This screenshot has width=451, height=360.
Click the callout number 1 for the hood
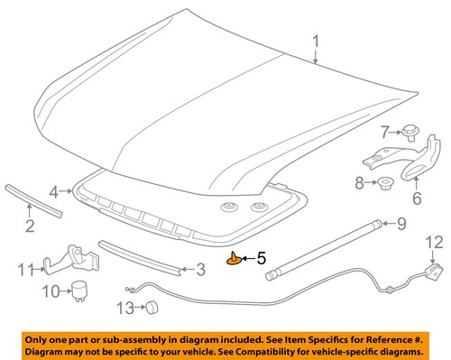(316, 42)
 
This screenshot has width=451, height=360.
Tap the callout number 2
(30, 226)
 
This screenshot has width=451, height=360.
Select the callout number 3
(200, 268)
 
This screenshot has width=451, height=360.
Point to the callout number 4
(54, 192)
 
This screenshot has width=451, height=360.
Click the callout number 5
(261, 258)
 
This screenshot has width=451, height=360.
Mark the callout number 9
(400, 223)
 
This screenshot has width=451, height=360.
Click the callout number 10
(51, 291)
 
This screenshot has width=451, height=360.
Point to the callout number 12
(434, 242)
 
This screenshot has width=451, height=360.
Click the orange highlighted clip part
(236, 261)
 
